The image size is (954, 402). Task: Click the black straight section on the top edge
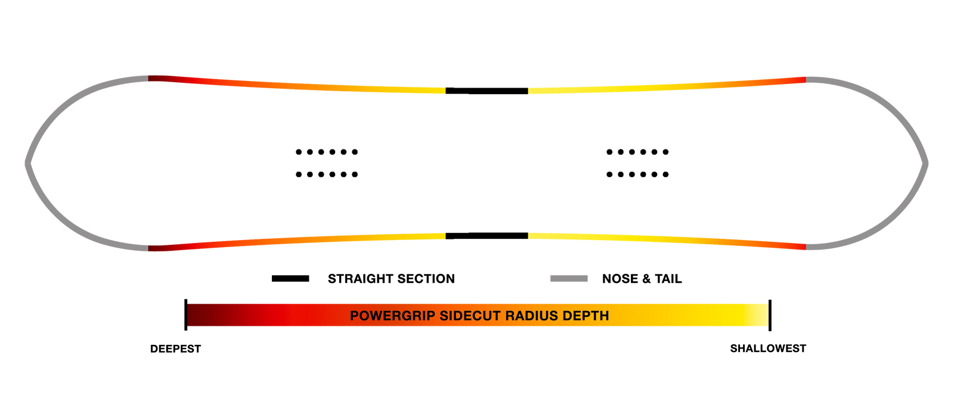487,91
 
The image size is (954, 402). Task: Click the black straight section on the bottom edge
487,236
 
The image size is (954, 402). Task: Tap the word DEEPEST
175,349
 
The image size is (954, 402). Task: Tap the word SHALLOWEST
768,348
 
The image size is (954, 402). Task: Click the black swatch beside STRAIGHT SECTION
290,279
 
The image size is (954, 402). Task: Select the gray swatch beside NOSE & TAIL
569,279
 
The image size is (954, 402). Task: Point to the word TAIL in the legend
668,279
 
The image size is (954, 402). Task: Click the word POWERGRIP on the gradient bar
392,316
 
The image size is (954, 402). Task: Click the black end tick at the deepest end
185,315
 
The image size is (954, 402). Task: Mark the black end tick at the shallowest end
770,315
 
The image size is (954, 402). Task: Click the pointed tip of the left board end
26,163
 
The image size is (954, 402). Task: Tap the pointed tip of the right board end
927,163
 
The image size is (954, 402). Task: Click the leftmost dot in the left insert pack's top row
299,152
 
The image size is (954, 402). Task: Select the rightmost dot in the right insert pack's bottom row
665,174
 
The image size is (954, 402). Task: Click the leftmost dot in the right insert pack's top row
609,152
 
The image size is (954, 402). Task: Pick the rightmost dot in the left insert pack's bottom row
355,174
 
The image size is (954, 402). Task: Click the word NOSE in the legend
620,279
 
